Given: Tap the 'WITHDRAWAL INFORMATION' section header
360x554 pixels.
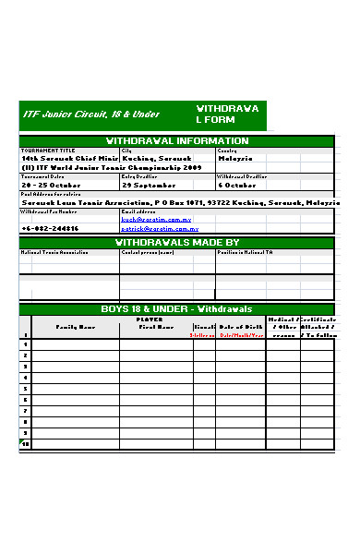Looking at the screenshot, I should [x=177, y=141].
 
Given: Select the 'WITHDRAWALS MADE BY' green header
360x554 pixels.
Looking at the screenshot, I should [x=177, y=243].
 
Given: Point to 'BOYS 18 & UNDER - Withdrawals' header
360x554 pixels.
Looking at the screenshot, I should [x=175, y=309].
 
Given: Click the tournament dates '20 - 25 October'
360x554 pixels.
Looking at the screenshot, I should [x=52, y=185].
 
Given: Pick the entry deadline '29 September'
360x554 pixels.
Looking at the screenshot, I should [x=149, y=185].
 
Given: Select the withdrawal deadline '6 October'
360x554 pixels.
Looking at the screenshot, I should [x=237, y=185].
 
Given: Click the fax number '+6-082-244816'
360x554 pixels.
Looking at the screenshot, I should [x=50, y=228].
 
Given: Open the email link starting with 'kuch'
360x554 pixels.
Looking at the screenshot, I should [x=156, y=220].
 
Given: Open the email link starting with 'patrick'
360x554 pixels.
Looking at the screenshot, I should [x=158, y=228].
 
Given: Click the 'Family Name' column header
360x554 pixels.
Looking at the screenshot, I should [x=75, y=327].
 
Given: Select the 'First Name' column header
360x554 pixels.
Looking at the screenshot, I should [x=155, y=327].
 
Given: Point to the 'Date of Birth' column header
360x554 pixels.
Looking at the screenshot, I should [x=240, y=327].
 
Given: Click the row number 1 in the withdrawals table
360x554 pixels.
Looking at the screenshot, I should [x=25, y=343].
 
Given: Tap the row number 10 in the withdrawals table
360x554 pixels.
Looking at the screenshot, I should [x=25, y=444].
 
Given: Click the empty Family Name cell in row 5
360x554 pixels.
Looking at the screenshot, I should [x=75, y=388].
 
